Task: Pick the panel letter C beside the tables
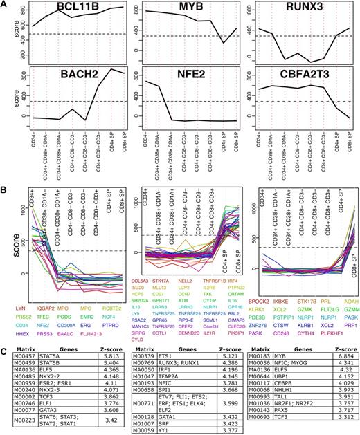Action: point(6,334)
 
